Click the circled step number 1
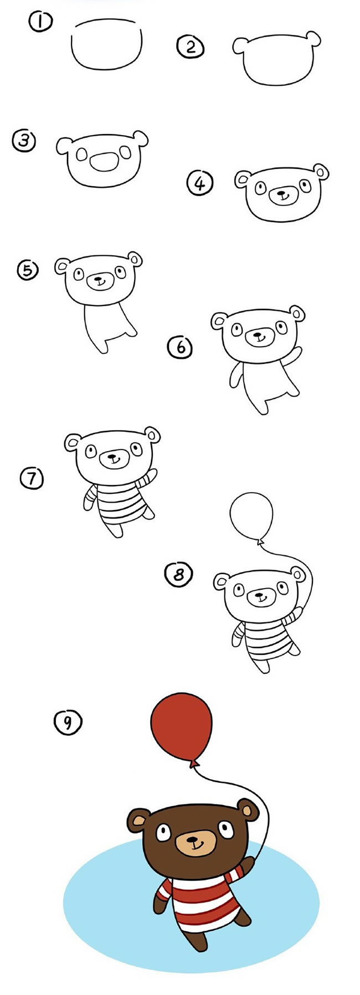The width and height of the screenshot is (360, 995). [x=40, y=23]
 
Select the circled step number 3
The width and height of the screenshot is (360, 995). [x=24, y=141]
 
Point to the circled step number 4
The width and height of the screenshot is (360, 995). [x=200, y=183]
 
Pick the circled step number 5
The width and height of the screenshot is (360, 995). [x=28, y=270]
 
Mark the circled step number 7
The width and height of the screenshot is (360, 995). [x=32, y=477]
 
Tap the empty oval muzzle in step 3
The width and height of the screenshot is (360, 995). [x=103, y=162]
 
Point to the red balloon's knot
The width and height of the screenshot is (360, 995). [x=194, y=764]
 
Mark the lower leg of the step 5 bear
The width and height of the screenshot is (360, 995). [x=100, y=344]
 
